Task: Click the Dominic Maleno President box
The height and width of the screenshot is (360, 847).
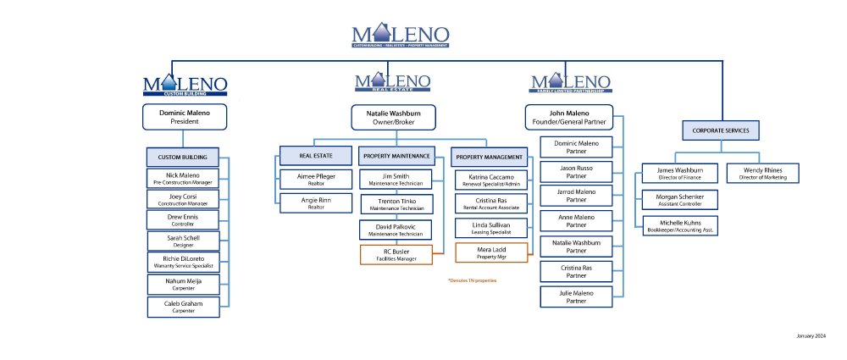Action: [x=184, y=117]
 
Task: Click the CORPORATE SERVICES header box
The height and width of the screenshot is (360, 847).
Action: [x=721, y=130]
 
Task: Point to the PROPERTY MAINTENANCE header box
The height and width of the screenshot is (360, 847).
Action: [x=396, y=156]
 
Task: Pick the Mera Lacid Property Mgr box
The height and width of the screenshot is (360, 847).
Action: [x=492, y=252]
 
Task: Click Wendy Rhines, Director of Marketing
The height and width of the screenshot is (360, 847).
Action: [x=761, y=173]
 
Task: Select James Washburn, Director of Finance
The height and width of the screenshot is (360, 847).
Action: [x=674, y=173]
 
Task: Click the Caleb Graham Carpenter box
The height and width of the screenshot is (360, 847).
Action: [x=184, y=307]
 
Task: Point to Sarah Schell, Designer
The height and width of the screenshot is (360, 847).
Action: [x=184, y=241]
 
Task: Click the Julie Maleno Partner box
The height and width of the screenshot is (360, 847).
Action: [x=577, y=297]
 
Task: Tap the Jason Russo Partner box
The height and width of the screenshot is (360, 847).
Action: [x=577, y=173]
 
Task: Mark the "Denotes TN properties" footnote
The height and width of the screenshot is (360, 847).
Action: [x=472, y=280]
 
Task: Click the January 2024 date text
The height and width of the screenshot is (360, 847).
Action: [x=811, y=336]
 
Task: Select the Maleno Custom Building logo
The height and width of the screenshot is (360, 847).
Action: [x=185, y=85]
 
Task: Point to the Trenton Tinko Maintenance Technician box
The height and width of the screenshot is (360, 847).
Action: [x=396, y=204]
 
